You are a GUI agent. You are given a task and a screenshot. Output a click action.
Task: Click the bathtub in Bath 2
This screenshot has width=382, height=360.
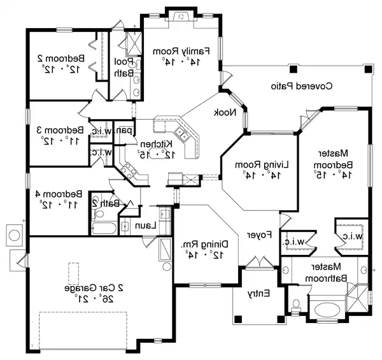coord(103,226)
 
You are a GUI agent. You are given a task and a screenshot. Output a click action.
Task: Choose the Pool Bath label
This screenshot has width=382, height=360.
coord(123,68)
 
